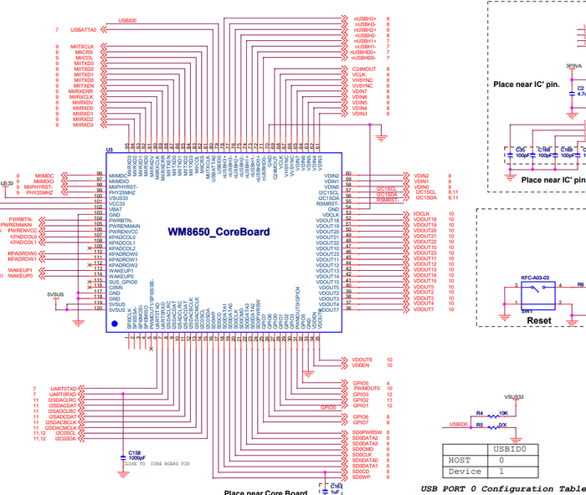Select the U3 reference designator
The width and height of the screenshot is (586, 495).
click(109, 151)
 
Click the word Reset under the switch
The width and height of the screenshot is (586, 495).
click(538, 320)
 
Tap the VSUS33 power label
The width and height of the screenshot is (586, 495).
click(514, 396)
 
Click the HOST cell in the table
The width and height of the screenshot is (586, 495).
click(460, 460)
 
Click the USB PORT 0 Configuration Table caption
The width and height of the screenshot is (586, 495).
click(502, 488)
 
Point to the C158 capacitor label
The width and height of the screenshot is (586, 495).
click(135, 452)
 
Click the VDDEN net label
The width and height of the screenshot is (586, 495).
click(361, 365)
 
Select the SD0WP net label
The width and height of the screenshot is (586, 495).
click(362, 477)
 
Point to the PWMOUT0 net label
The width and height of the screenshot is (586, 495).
click(367, 389)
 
